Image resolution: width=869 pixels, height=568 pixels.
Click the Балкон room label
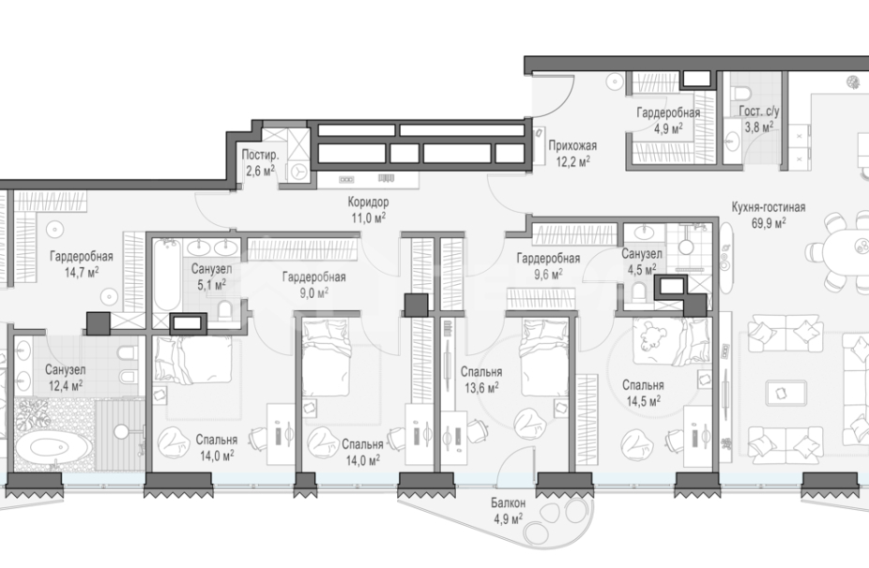click(x=508, y=503)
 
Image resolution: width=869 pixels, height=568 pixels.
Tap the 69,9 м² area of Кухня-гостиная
click(x=769, y=223)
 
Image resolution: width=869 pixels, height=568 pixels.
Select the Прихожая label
click(x=572, y=145)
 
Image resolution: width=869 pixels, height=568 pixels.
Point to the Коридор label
click(x=368, y=202)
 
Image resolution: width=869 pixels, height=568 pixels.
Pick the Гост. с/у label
click(x=758, y=112)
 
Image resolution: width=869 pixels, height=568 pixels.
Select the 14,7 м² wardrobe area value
click(x=82, y=273)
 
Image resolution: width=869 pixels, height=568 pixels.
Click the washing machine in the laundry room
click(x=299, y=172)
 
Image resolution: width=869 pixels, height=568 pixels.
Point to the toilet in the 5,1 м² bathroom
click(x=225, y=311)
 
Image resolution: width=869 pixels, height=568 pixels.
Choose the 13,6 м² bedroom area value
click(x=481, y=388)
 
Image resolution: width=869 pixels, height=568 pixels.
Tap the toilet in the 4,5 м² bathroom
click(x=639, y=291)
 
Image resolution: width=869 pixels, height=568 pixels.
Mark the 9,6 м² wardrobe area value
click(x=547, y=274)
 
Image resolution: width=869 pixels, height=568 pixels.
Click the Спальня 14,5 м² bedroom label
click(x=643, y=393)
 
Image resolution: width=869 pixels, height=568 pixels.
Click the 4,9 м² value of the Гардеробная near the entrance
click(x=668, y=128)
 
